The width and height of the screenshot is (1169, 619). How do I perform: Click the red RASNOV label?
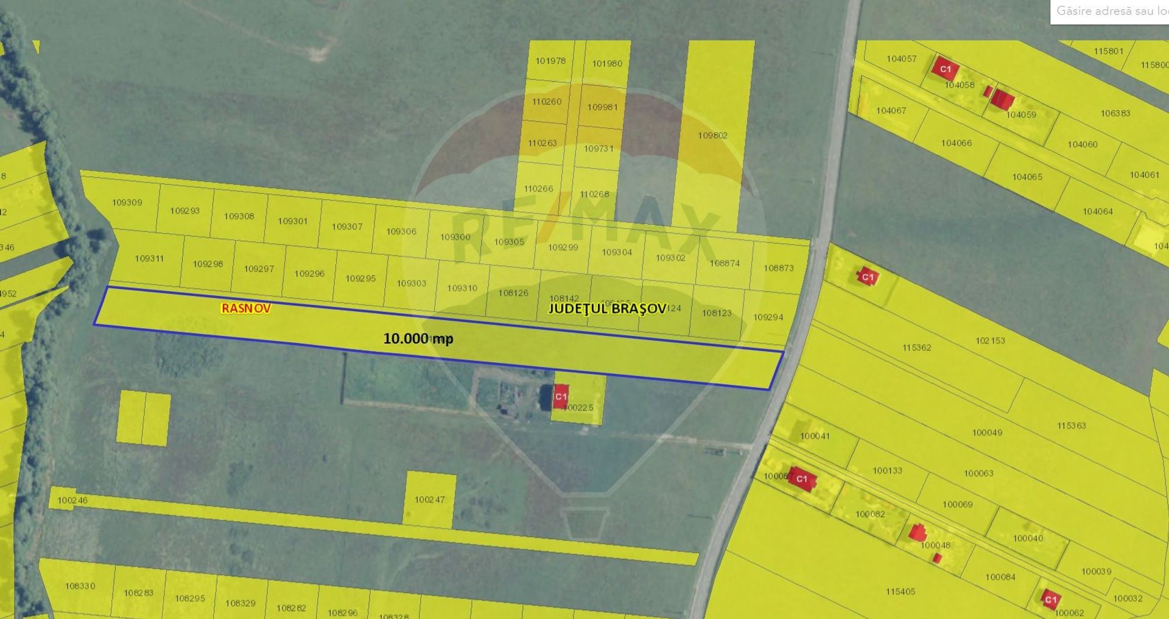[245, 309]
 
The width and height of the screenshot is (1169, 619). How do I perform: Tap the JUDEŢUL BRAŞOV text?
[607, 309]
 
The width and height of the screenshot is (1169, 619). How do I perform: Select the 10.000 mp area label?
[418, 338]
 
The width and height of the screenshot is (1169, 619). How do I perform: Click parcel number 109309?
[127, 203]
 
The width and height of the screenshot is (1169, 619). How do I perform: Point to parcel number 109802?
[712, 136]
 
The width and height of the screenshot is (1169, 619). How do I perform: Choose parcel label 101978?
[550, 61]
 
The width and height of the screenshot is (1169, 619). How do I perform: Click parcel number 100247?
[429, 500]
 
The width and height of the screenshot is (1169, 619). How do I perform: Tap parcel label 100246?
[72, 500]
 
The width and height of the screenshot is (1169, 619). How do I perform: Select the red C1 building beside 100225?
[560, 396]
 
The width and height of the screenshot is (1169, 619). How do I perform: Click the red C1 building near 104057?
[944, 69]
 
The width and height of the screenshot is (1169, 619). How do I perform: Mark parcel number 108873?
[778, 268]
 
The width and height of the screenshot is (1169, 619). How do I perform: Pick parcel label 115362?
[916, 348]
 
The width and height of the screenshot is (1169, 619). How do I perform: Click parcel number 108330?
[80, 586]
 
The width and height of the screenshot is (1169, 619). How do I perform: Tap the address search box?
[1110, 12]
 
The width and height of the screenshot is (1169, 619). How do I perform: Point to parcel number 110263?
[542, 143]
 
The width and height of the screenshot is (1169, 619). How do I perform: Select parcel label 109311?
[149, 258]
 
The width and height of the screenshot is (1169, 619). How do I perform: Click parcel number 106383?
[1115, 113]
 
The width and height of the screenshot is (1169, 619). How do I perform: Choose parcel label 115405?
[900, 591]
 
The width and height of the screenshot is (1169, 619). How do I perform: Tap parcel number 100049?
[987, 433]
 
